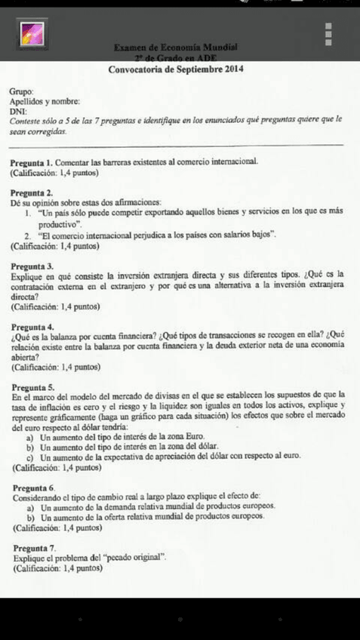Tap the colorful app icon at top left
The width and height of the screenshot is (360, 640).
32,35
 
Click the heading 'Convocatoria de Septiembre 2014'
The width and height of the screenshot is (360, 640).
179,69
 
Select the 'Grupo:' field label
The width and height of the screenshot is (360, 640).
22,91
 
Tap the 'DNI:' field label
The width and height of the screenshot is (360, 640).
18,110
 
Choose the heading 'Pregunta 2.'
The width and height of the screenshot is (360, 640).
32,192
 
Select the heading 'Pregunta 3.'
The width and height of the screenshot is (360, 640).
32,266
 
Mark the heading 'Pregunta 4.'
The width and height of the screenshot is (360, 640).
32,327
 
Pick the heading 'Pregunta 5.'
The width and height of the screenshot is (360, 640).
33,386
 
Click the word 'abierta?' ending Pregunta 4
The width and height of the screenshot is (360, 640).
27,357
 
